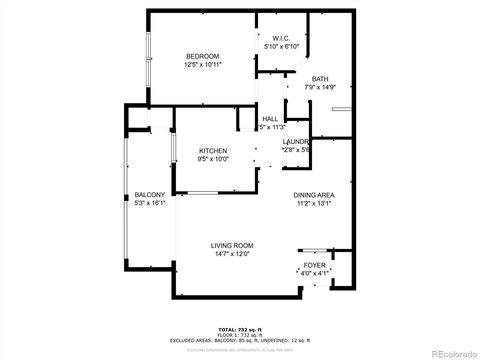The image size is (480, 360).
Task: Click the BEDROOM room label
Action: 202,56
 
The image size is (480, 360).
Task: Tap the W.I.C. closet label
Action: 281,38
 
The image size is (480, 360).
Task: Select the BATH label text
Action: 320,79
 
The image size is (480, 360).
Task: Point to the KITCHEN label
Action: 213,151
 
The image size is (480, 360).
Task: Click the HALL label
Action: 270,119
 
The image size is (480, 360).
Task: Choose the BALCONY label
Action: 150,195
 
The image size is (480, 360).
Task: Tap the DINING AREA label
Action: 314,195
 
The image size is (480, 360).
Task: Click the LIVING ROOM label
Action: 232,246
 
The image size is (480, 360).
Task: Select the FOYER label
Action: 314,265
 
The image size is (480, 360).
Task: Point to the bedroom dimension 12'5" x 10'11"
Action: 203,64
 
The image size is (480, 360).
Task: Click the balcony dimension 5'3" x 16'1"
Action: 150,203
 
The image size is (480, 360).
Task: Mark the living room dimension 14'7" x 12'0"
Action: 232,254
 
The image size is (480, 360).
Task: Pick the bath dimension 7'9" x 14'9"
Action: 320,87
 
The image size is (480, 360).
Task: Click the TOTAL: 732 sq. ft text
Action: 240,330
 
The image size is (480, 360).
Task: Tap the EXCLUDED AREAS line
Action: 240,340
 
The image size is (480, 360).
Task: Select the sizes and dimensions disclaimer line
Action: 240,350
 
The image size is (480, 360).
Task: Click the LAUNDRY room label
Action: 296,142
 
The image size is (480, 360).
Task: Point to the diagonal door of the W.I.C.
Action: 301,64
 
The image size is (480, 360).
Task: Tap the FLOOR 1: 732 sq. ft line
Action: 240,335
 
